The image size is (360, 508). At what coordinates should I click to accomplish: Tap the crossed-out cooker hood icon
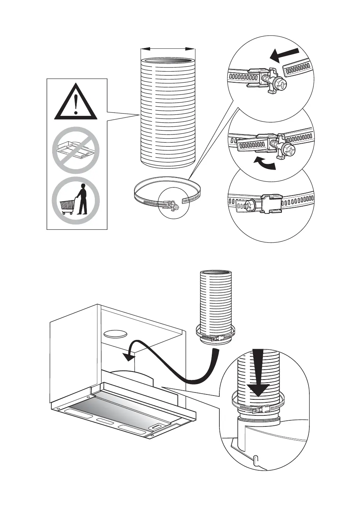[76, 151]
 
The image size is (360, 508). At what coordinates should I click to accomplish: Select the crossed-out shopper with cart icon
[76, 200]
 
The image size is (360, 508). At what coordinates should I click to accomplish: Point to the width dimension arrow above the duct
[168, 49]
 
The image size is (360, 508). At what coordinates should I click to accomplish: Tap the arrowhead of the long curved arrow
[128, 356]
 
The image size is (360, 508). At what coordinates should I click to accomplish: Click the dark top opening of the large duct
[168, 62]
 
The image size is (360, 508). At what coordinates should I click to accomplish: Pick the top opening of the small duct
[216, 273]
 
